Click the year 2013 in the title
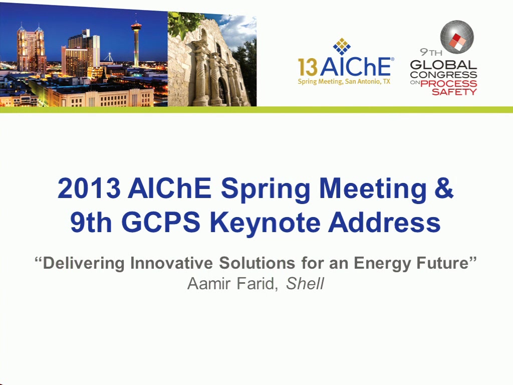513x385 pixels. click(x=89, y=188)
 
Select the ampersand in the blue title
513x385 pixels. click(x=444, y=188)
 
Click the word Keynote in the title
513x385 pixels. click(x=267, y=224)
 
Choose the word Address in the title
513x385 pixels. click(x=384, y=222)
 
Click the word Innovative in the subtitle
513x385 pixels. click(x=171, y=263)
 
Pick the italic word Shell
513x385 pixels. click(x=305, y=284)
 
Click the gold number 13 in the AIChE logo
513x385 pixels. click(x=308, y=67)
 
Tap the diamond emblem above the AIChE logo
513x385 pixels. click(x=342, y=46)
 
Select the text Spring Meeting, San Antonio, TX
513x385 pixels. click(x=344, y=82)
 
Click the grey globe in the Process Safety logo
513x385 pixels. click(x=457, y=37)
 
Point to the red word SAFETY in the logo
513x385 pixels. click(x=454, y=92)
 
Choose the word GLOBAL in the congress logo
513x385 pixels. click(x=443, y=65)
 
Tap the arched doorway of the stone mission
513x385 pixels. click(x=223, y=91)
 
